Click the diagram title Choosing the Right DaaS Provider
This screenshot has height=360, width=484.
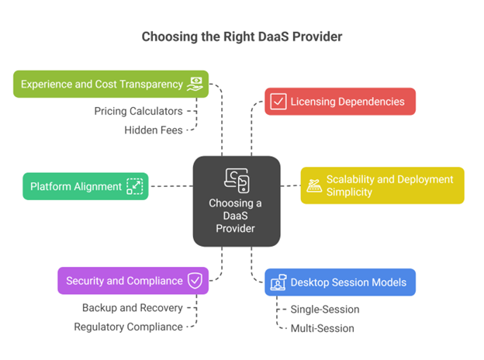pyautogui.click(x=241, y=36)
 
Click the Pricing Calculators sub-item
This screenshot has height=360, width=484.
pyautogui.click(x=138, y=111)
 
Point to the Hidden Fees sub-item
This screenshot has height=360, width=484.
pyautogui.click(x=153, y=130)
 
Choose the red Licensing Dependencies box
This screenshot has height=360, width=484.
pyautogui.click(x=340, y=102)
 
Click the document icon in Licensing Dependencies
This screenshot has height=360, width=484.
pyautogui.click(x=277, y=102)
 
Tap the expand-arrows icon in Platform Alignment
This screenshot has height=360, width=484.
pyautogui.click(x=135, y=186)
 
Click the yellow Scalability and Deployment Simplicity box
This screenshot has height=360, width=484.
pyautogui.click(x=382, y=185)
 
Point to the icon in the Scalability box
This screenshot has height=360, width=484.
pyautogui.click(x=315, y=185)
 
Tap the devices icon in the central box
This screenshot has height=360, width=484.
pyautogui.click(x=237, y=179)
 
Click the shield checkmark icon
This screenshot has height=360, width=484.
pyautogui.click(x=195, y=281)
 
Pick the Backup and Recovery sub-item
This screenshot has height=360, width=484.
pyautogui.click(x=132, y=308)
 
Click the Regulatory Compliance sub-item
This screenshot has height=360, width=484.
pyautogui.click(x=128, y=327)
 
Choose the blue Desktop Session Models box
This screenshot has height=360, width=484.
pyautogui.click(x=340, y=282)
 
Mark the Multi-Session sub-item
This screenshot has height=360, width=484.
pyautogui.click(x=322, y=328)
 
